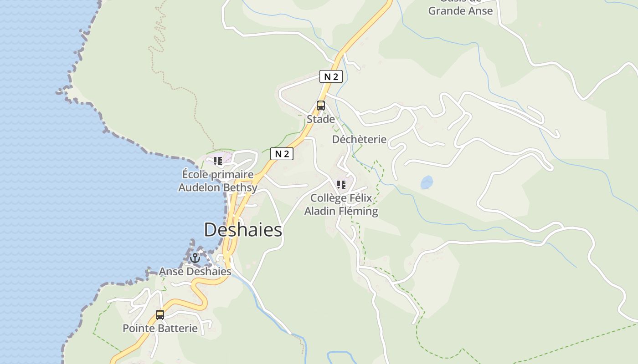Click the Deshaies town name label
click(x=243, y=230)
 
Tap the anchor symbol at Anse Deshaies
click(x=195, y=258)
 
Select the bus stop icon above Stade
click(x=321, y=106)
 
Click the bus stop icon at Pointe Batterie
click(x=160, y=314)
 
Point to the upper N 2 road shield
click(x=330, y=76)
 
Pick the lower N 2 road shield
click(x=282, y=154)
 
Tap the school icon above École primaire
click(x=218, y=161)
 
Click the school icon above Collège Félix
click(x=341, y=185)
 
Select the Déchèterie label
click(x=359, y=139)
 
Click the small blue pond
click(x=427, y=182)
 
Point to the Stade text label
click(x=321, y=119)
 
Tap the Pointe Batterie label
click(x=160, y=328)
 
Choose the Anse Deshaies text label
click(x=195, y=272)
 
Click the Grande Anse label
click(x=460, y=10)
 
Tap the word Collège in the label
click(x=328, y=198)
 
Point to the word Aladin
click(x=320, y=211)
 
